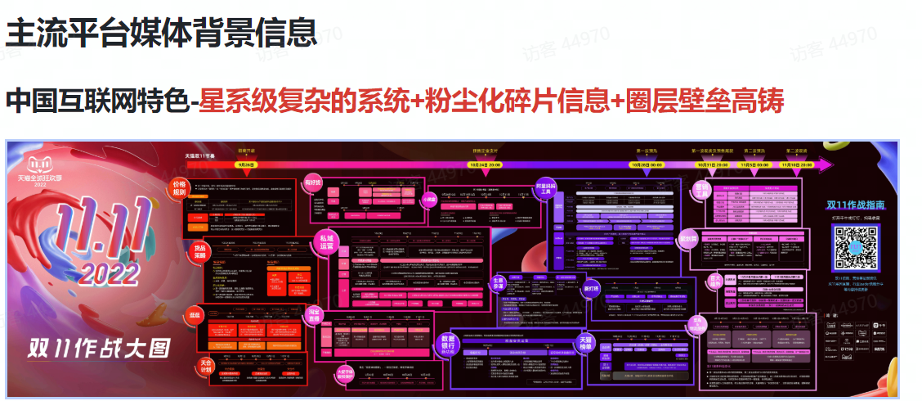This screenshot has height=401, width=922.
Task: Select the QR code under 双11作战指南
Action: [856, 248]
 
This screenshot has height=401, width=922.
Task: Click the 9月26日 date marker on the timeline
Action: [245, 164]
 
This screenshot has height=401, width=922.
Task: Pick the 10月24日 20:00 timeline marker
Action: [484, 164]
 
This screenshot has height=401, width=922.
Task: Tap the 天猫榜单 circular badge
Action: [585, 343]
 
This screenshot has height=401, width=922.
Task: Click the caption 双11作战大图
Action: [98, 347]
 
